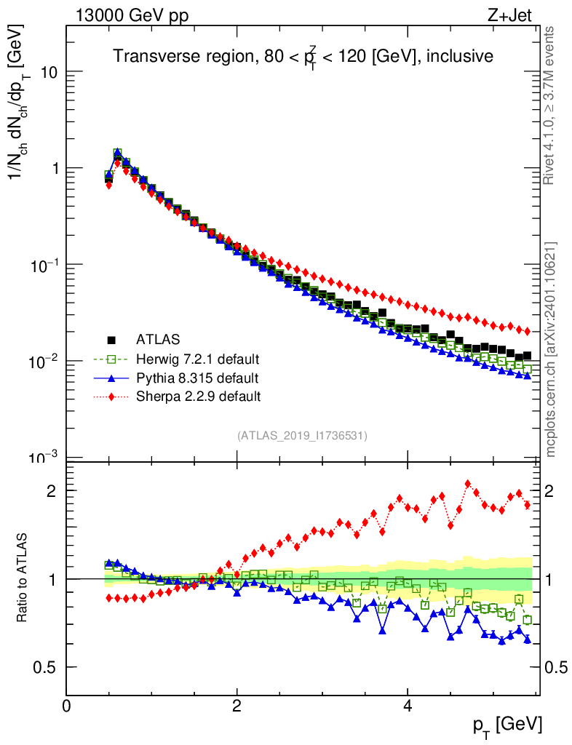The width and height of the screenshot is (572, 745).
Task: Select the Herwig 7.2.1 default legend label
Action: tap(198, 359)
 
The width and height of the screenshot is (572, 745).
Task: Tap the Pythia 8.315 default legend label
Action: tap(197, 378)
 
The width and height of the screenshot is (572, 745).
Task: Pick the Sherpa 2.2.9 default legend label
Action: tap(198, 397)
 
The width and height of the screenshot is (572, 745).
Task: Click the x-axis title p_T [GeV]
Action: tap(507, 724)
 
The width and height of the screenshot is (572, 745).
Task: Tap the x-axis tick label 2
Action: tap(237, 706)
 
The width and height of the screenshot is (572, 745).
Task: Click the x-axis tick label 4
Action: tap(408, 706)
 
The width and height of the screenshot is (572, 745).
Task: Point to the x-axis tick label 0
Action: tap(67, 706)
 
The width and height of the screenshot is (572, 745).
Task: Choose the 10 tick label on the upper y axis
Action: tap(49, 72)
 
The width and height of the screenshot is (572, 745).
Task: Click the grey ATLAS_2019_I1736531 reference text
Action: tap(302, 436)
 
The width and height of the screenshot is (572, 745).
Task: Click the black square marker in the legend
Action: tap(111, 339)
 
